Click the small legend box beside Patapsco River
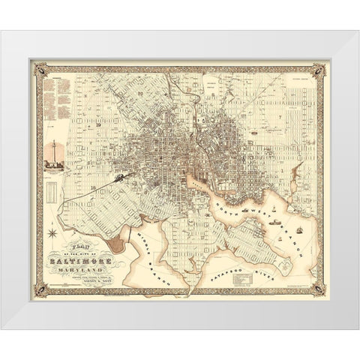tap(247, 279)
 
